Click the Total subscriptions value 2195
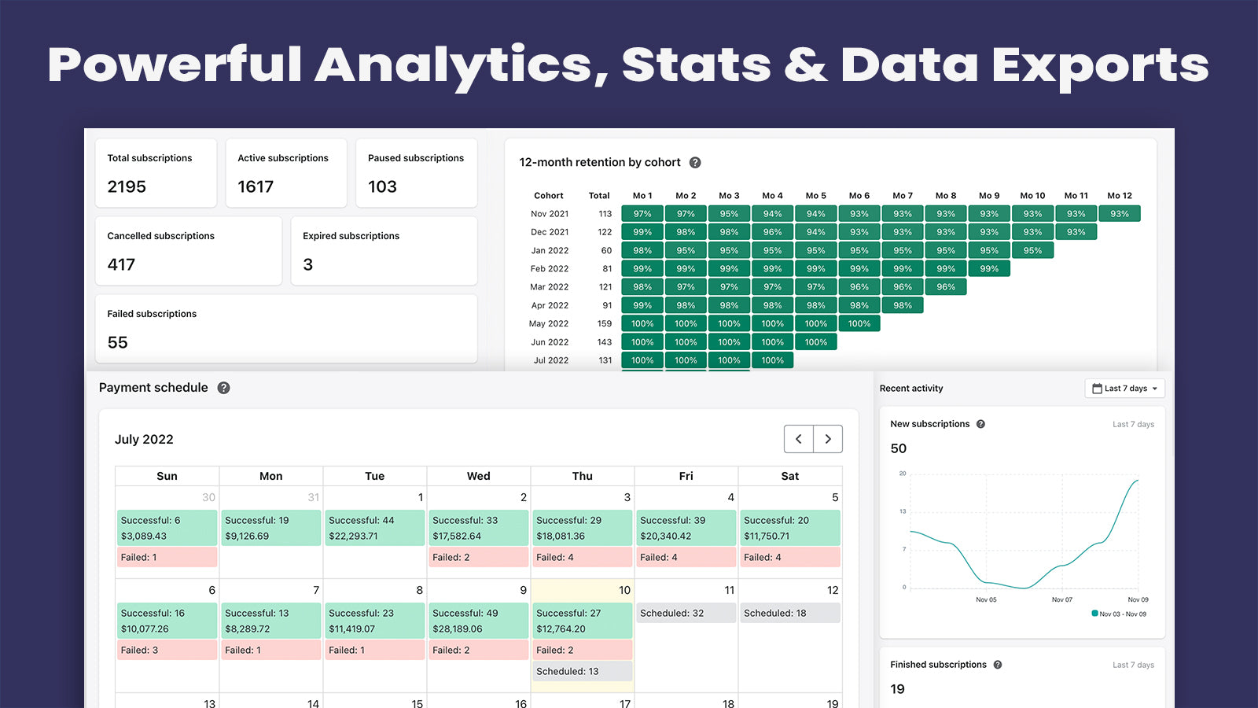pos(127,187)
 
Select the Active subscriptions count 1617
pos(256,187)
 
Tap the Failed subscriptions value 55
pos(117,343)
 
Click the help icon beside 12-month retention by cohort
pos(695,163)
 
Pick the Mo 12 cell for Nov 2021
pos(1120,214)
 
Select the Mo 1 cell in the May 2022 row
pos(642,324)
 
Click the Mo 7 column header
pos(903,196)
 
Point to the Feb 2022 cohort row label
pos(549,269)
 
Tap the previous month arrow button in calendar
pos(799,439)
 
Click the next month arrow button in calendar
pos(828,439)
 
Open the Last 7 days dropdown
pos(1124,389)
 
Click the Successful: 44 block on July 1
pos(374,528)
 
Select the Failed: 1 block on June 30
pos(167,558)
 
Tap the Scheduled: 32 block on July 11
pos(686,614)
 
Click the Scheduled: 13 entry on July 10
pos(582,672)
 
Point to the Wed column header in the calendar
pos(478,476)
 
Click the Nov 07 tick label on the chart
pos(1062,600)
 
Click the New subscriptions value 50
pos(899,448)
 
